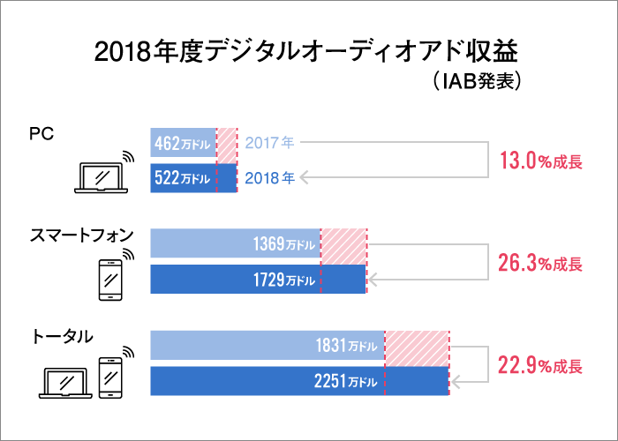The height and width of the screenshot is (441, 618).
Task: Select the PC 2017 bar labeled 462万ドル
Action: pos(184,142)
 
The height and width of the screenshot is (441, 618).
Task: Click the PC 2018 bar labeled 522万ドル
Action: pos(193,178)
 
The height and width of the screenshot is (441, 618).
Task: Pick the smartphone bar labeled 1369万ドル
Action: pos(235,243)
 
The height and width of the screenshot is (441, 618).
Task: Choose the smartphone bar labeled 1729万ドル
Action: pos(258,280)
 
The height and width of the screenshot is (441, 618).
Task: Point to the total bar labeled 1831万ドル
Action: pos(268,345)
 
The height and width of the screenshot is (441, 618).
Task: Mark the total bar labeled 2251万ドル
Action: pos(299,381)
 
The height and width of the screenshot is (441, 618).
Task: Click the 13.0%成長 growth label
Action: pos(540,161)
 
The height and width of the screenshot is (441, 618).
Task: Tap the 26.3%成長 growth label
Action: pos(540,263)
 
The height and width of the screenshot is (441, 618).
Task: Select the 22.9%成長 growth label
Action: pos(540,365)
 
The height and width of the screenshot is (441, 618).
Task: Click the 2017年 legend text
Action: pos(269,142)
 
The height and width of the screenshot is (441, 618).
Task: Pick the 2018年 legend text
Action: pos(269,178)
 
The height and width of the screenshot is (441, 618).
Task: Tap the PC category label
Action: pos(41,133)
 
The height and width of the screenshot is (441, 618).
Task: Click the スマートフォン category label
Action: pos(82,235)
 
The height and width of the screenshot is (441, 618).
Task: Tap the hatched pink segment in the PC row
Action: pos(227,142)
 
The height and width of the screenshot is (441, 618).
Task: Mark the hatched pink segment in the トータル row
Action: pos(417,345)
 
